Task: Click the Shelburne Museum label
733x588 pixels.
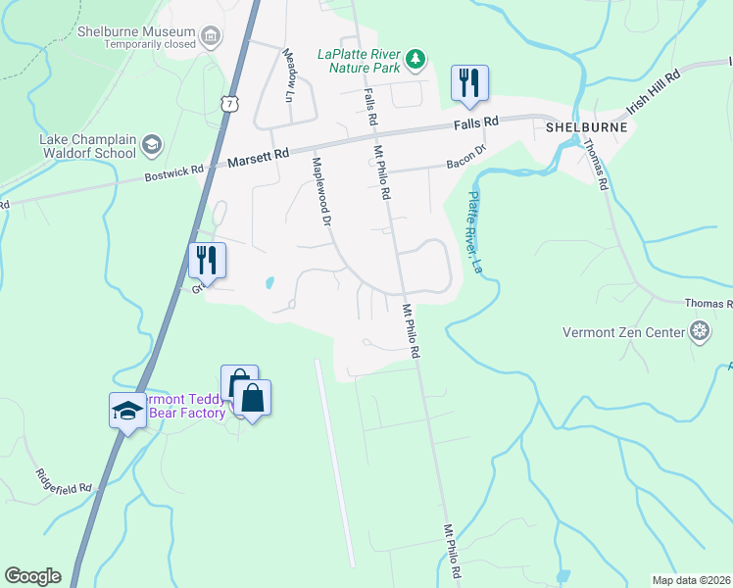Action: [x=135, y=31]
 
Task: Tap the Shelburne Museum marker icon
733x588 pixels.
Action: [x=209, y=37]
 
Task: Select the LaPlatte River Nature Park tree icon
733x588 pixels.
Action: [x=416, y=60]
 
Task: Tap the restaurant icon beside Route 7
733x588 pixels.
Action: [x=207, y=261]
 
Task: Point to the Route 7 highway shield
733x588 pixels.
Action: [x=228, y=103]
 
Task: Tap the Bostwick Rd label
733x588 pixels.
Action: [x=174, y=171]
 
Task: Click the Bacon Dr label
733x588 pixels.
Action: [x=467, y=153]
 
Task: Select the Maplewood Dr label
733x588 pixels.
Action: [x=322, y=191]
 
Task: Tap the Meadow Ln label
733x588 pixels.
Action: [x=288, y=76]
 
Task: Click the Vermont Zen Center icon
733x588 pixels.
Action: [x=700, y=331]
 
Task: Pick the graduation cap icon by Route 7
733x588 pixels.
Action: [x=127, y=410]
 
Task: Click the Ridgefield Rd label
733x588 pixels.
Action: [x=65, y=472]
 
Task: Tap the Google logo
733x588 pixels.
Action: [x=32, y=576]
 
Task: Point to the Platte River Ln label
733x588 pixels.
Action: [x=475, y=231]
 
